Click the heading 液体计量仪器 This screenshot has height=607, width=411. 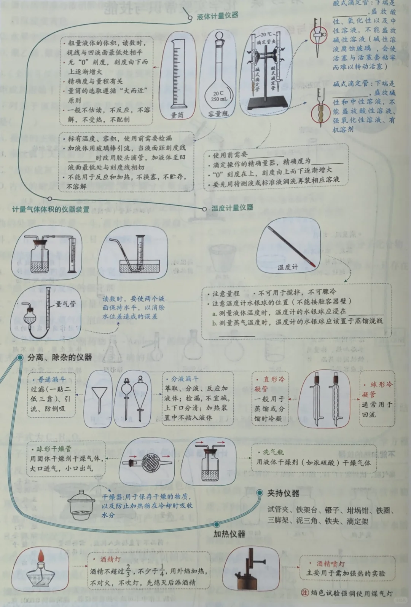218,16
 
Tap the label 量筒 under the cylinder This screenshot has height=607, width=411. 177,115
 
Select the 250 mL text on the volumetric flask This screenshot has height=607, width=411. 218,99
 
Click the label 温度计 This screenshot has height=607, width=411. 288,267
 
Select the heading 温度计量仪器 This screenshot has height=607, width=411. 232,208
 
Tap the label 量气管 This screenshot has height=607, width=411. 65,304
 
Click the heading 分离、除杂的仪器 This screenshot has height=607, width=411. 60,357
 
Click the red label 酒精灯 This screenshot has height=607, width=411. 110,559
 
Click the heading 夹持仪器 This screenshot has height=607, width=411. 283,494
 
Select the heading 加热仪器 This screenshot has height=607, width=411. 229,534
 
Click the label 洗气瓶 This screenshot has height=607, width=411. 273,452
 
